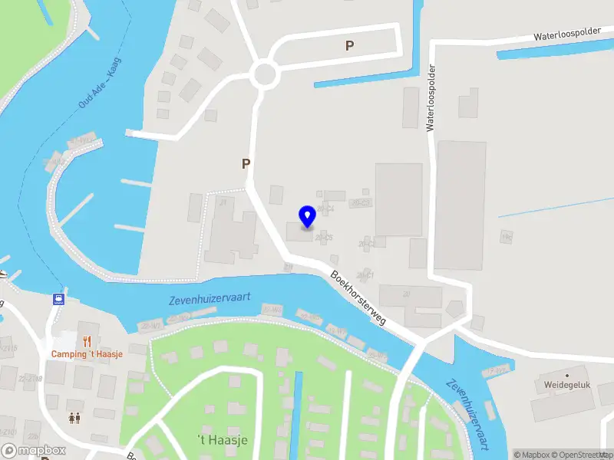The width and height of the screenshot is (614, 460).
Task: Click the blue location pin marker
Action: [x=307, y=216]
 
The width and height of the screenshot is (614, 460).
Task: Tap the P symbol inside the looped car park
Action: [x=350, y=46]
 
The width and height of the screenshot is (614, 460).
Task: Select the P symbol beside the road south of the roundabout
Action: [x=246, y=163]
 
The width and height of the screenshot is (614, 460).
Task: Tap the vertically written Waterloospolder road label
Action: [x=431, y=97]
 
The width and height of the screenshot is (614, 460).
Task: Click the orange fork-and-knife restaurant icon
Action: [x=88, y=341]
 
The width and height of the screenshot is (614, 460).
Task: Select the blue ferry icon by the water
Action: [x=58, y=298]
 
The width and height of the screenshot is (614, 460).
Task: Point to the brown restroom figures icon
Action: [x=74, y=418]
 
